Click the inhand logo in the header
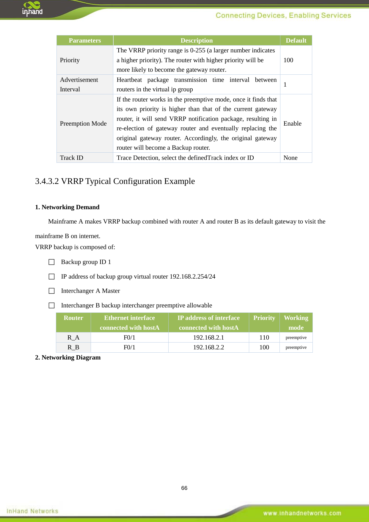pos(32,9)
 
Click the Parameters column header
pos(85,40)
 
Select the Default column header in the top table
pos(296,40)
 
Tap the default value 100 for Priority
pos(288,60)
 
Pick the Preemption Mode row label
pos(83,124)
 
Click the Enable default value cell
pos(292,124)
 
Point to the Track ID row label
pos(72,158)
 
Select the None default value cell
pos(290,158)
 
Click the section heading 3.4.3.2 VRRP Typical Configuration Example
pos(115,181)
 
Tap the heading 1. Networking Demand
pos(67,207)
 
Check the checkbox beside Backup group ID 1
pos(52,262)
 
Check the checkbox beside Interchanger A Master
pos(52,291)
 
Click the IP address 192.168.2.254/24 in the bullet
pos(192,276)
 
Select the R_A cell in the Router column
pos(73,337)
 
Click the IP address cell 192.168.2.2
pos(208,347)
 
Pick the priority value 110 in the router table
pos(264,337)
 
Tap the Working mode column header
pos(296,323)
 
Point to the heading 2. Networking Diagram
pos(68,357)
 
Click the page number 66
pos(184,488)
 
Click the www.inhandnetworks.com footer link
pos(302,513)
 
